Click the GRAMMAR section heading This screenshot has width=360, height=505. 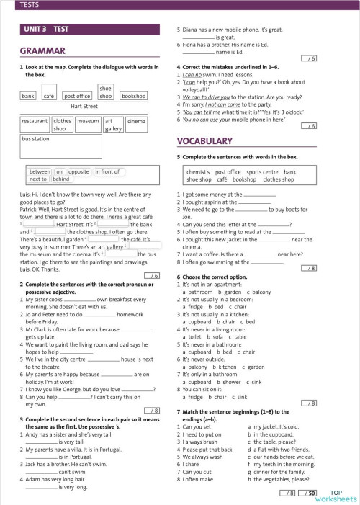42,51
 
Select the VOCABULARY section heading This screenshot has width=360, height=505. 204,140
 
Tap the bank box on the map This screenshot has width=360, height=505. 28,95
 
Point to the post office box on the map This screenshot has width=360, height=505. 77,95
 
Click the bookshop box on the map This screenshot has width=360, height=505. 133,95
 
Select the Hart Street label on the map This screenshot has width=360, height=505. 84,107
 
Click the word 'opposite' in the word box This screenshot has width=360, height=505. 78,171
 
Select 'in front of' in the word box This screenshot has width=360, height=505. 107,171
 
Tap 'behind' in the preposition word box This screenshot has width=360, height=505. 62,179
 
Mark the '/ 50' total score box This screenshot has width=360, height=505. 310,492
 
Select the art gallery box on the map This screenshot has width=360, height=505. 113,125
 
